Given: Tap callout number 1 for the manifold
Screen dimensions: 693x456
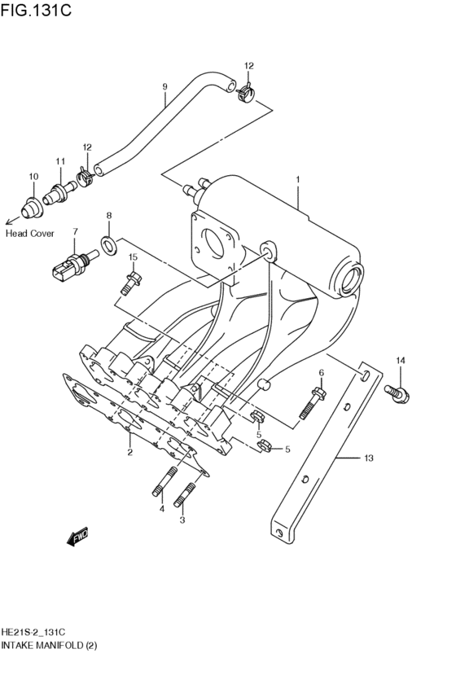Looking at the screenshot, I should point(298,180).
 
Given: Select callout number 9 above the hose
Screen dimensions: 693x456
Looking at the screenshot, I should point(164,87).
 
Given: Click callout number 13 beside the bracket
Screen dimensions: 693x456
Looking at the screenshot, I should point(368,459).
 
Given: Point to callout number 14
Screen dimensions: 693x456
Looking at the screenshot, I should point(400,361).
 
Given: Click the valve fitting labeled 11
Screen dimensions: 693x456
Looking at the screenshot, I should point(59,195).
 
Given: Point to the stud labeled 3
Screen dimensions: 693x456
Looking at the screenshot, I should point(186,493).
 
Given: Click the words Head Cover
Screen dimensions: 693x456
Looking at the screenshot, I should point(29,233).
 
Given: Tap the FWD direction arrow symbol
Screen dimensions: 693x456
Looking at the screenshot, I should point(77,537).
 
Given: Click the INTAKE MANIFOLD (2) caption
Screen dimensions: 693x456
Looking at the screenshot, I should point(49,645).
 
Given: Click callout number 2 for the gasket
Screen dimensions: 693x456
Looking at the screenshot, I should point(129,451).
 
